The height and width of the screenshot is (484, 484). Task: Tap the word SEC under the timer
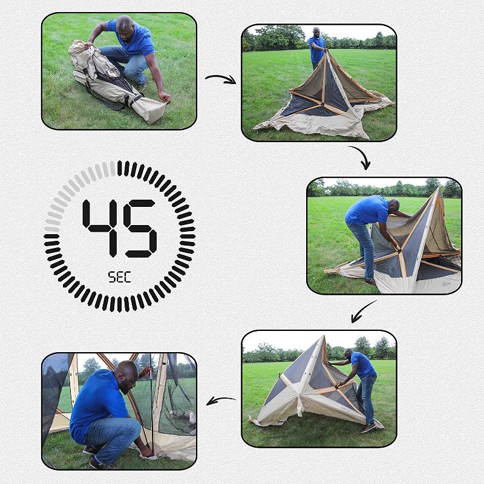(120, 277)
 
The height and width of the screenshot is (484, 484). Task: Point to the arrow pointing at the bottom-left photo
(221, 400)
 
